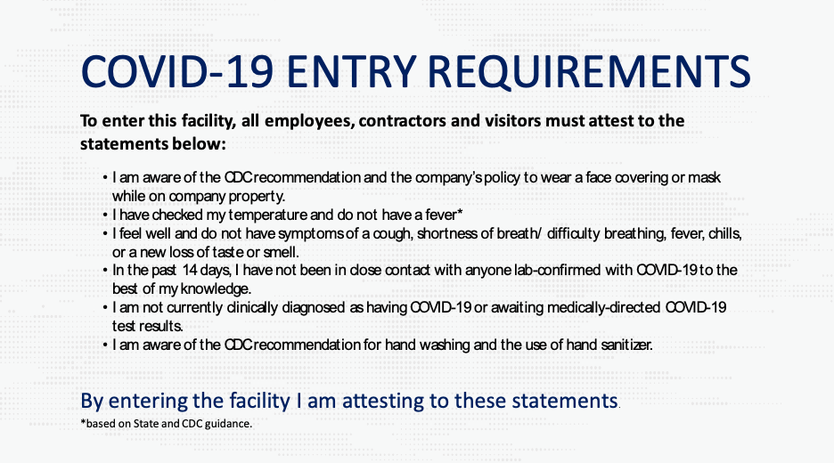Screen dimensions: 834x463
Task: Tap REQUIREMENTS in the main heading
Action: click(x=589, y=72)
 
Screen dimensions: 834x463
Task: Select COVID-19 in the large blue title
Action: click(x=177, y=71)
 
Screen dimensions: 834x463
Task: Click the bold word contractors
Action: click(x=403, y=121)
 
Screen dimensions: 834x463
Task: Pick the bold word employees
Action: click(x=309, y=121)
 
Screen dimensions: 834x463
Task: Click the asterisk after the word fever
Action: click(x=460, y=212)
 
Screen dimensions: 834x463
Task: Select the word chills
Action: click(x=725, y=233)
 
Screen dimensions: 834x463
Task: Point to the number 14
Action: click(x=190, y=270)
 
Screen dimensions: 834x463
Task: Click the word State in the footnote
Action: click(x=146, y=424)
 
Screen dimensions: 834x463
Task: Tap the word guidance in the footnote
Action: click(x=232, y=424)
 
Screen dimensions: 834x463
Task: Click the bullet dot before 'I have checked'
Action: click(x=105, y=215)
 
